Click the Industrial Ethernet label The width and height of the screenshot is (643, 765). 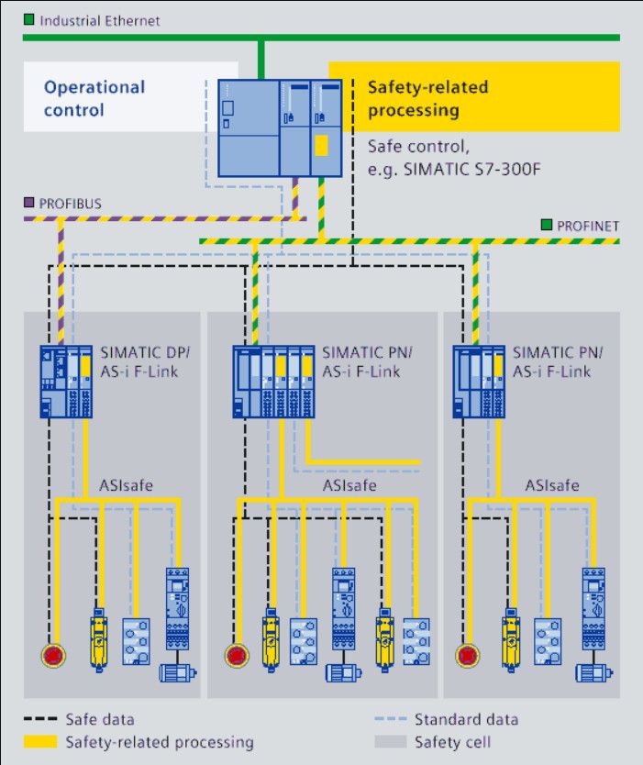(100, 20)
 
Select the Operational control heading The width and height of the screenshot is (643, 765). (94, 98)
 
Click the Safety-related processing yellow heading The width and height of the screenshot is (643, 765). (427, 98)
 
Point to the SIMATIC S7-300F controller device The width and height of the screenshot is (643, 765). (280, 128)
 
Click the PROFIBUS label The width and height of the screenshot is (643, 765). (69, 203)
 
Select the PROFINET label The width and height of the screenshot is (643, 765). (588, 226)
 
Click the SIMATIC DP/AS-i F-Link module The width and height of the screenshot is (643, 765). (67, 381)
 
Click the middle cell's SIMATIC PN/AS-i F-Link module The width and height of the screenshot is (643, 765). (273, 381)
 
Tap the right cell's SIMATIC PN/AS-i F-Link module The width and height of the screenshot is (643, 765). (478, 381)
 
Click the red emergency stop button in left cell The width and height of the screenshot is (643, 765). (53, 655)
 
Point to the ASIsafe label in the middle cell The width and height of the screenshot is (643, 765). (349, 485)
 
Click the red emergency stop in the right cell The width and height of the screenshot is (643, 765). (468, 655)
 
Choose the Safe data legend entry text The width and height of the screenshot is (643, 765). (99, 719)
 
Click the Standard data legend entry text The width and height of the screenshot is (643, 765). (466, 719)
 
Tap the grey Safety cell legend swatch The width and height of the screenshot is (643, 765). (390, 741)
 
